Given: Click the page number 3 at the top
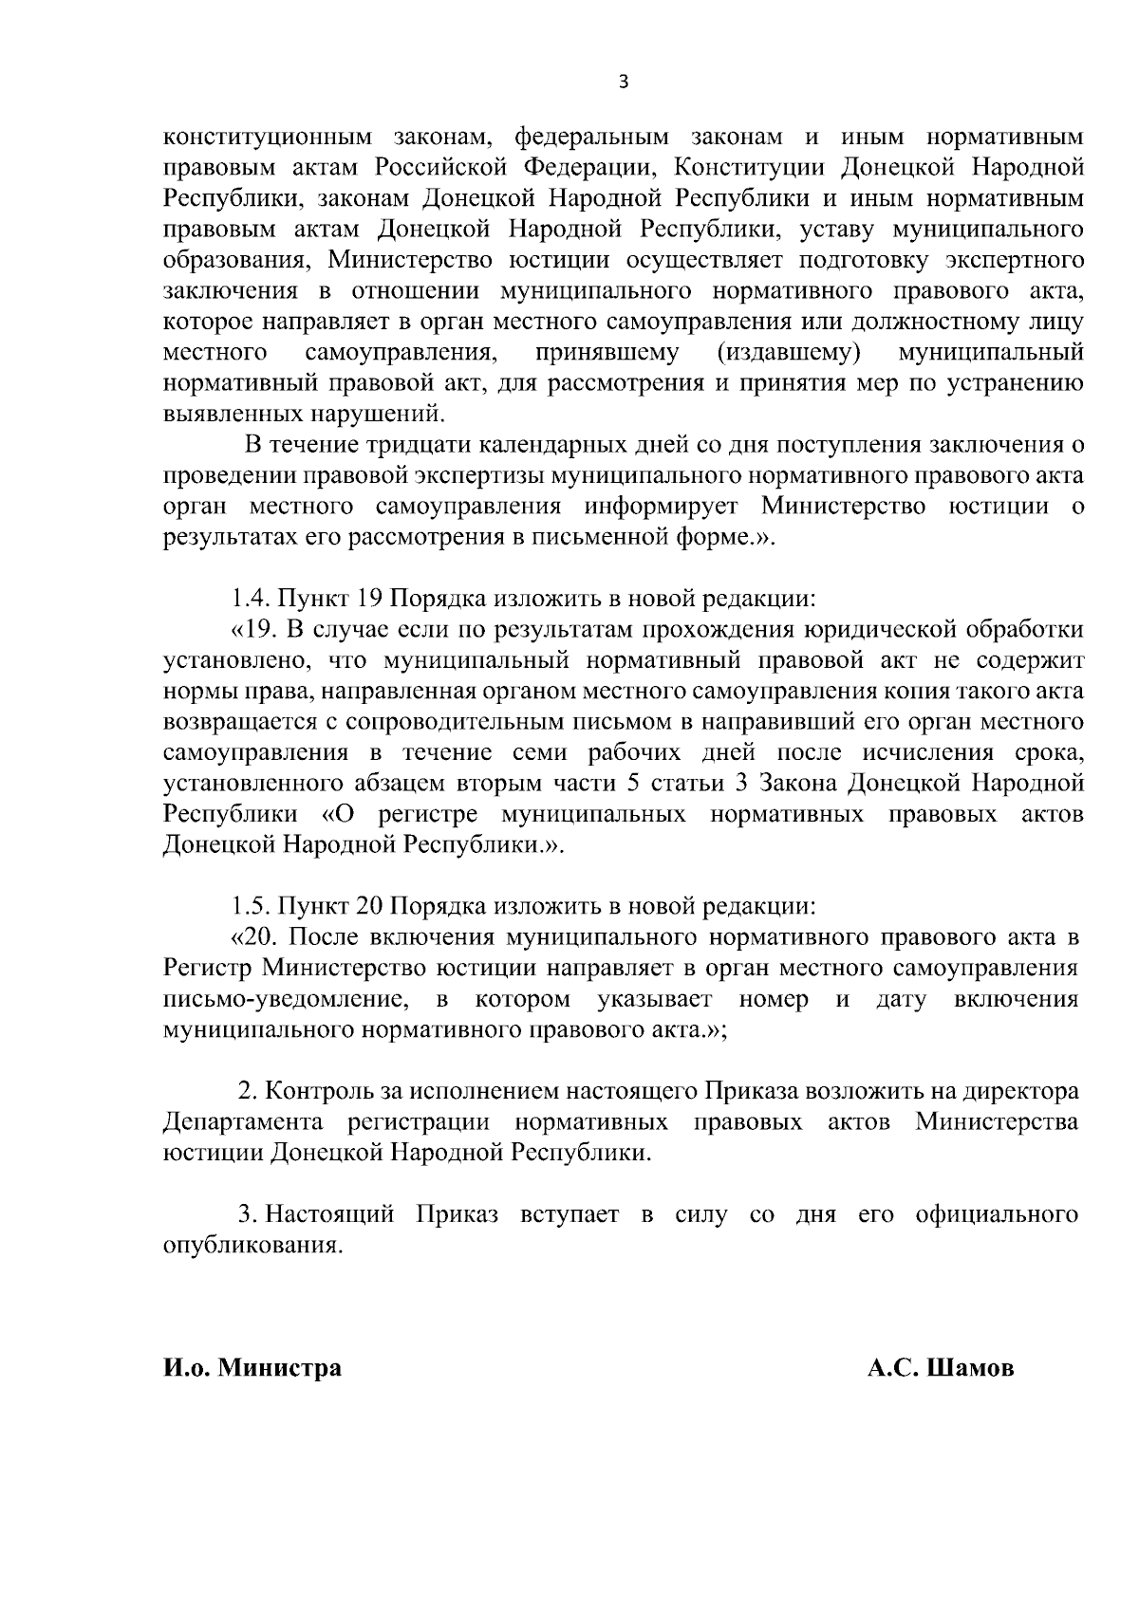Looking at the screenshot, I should click(623, 82).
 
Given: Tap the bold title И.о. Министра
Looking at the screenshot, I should click(252, 1369).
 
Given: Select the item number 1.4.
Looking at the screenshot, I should click(253, 599).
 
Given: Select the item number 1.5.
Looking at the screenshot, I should click(253, 905).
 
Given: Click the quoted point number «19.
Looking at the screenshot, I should click(252, 629).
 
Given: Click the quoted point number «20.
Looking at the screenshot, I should click(254, 936).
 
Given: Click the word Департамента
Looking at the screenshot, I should click(243, 1122).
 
